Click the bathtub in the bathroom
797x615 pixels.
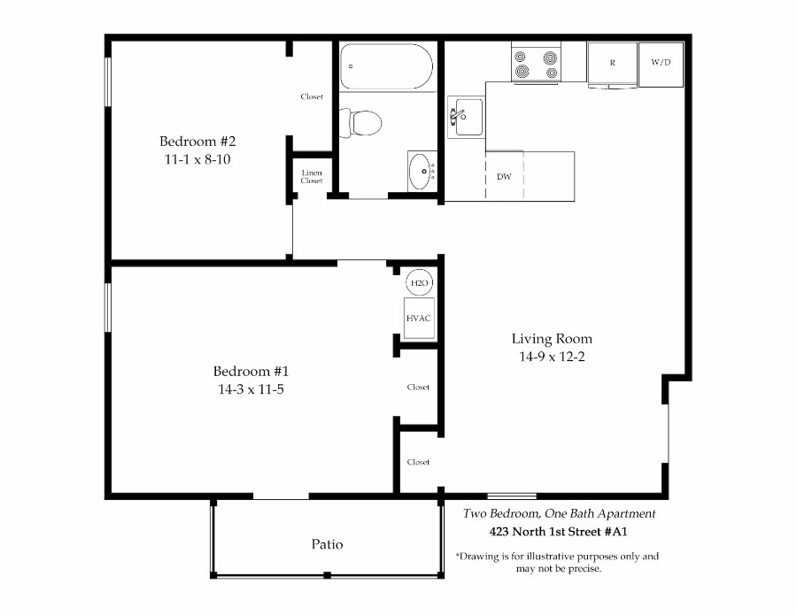[386, 66]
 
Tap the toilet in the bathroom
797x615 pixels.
[360, 123]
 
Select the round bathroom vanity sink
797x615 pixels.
[422, 171]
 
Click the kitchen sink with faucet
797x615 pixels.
[466, 117]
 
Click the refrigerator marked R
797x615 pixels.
[612, 64]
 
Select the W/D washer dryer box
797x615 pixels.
[661, 64]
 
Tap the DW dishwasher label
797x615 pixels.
[504, 177]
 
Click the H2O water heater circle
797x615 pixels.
[420, 282]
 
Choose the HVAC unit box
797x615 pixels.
[419, 319]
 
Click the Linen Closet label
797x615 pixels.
[312, 176]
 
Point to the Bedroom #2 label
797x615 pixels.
[197, 141]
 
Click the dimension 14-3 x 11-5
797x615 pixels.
[251, 389]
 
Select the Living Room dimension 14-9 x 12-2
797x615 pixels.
[552, 357]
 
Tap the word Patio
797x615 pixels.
[327, 544]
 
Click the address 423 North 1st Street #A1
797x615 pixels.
[558, 532]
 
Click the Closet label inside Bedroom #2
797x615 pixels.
[312, 96]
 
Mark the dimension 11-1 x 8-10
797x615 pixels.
[197, 159]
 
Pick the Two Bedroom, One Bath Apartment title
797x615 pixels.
[559, 513]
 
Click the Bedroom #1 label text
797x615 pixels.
[251, 372]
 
